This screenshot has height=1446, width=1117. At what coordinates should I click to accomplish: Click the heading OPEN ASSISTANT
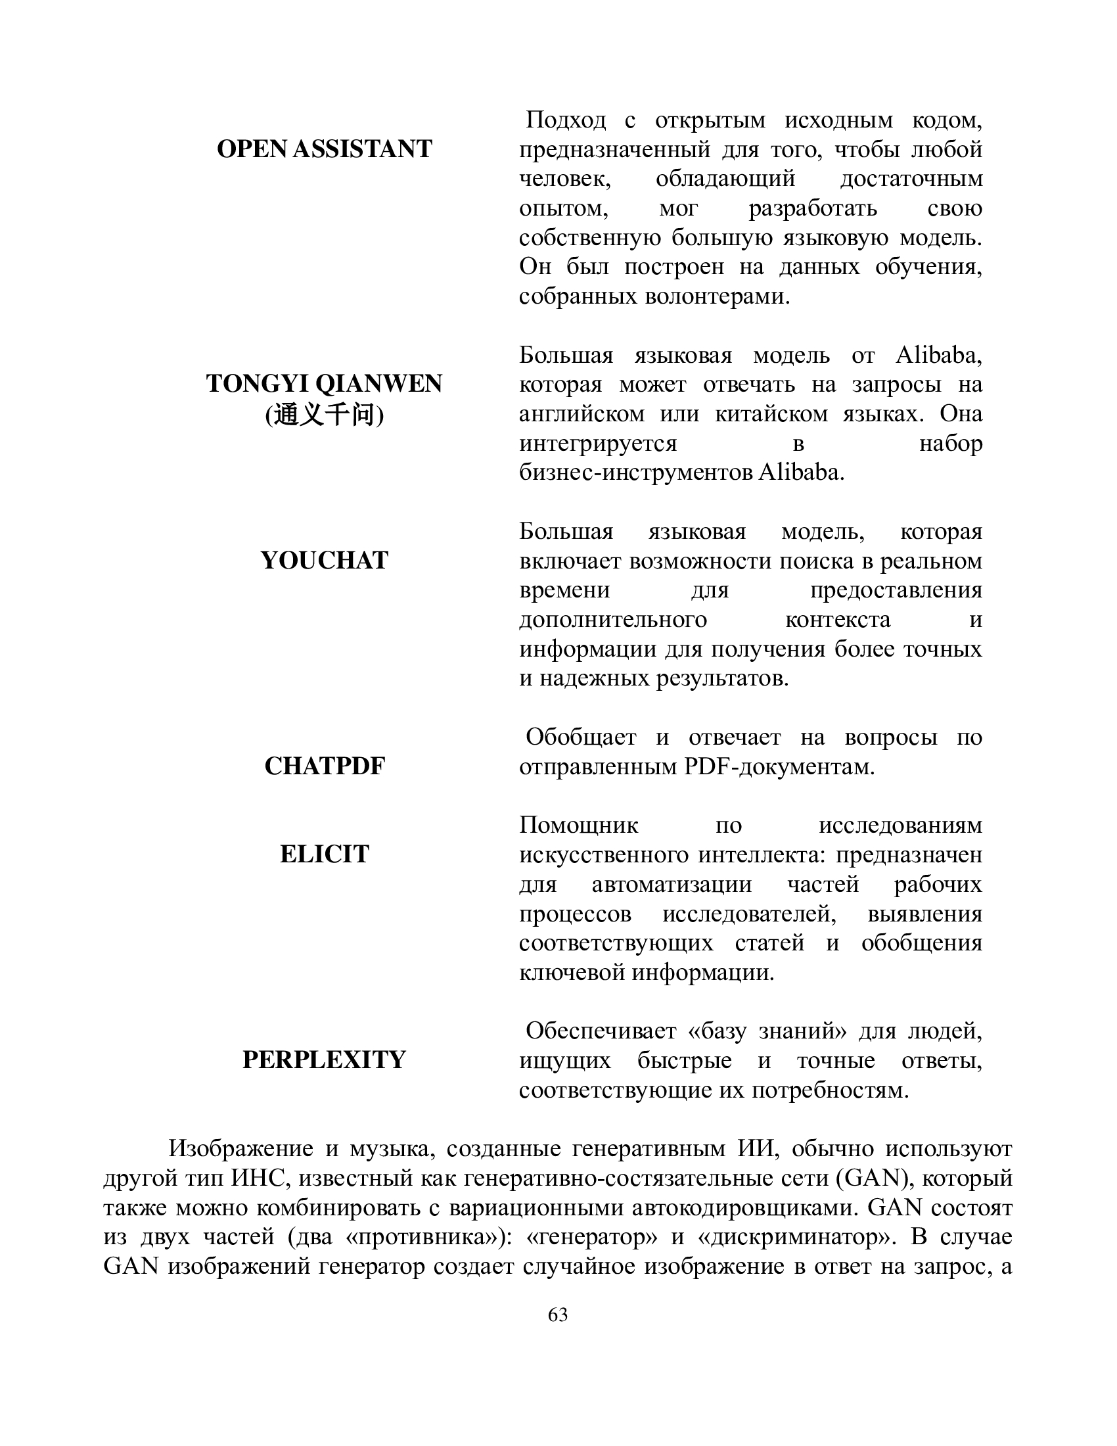(324, 149)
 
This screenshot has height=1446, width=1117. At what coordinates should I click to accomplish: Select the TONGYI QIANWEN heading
(324, 384)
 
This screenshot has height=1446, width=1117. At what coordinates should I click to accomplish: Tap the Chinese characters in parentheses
(324, 415)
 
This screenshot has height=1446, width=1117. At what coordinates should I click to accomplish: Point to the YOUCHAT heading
(324, 561)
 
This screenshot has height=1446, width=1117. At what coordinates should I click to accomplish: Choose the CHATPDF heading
(324, 766)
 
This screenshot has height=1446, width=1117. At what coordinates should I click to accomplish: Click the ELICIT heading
(324, 854)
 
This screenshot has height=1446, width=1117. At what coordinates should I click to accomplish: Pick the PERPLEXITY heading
(324, 1060)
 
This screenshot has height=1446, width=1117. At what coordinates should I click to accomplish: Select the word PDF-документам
(779, 767)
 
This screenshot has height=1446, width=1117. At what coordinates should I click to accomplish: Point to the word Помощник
(578, 826)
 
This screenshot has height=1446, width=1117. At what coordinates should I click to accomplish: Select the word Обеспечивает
(601, 1031)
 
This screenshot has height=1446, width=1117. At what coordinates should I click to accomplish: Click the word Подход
(566, 120)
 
